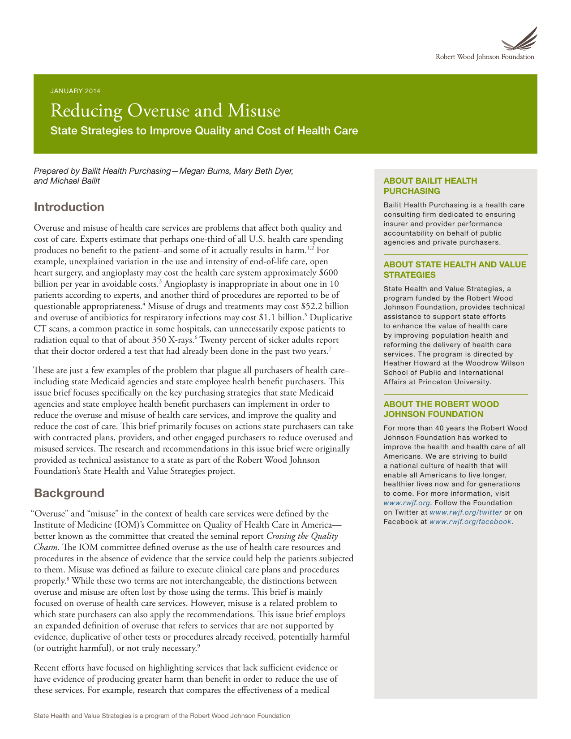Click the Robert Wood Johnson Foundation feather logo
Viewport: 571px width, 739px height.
[x=519, y=39]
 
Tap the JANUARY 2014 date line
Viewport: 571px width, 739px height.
[x=75, y=91]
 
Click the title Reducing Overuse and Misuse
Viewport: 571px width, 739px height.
[x=165, y=111]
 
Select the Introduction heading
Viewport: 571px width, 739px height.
[x=69, y=207]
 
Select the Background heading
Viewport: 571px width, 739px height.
[x=69, y=493]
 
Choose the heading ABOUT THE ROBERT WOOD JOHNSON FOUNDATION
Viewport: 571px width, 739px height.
[x=441, y=409]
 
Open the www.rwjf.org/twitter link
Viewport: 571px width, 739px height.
[x=465, y=512]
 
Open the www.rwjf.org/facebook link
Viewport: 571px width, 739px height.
[x=470, y=522]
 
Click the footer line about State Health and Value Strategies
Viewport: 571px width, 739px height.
[x=162, y=716]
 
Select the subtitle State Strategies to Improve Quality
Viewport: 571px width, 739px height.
[x=204, y=131]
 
